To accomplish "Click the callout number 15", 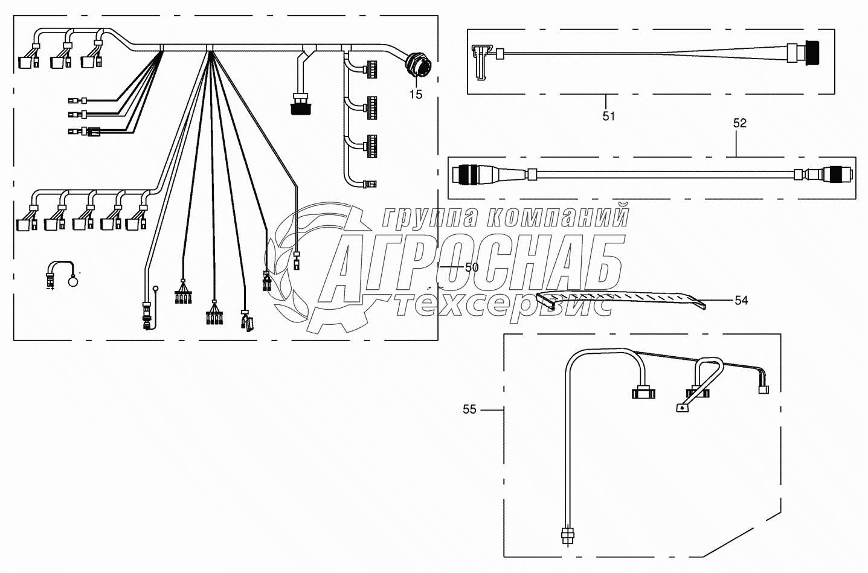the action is tap(416, 94).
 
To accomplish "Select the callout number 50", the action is tap(472, 267).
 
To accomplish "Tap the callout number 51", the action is tap(608, 116).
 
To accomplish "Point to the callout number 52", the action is tap(739, 123).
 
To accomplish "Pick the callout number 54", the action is tap(741, 300).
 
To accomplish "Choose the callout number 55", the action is tap(469, 409).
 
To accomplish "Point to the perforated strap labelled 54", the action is tap(622, 298).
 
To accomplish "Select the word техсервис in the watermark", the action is tap(504, 304).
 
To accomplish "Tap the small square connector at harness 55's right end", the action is tap(763, 389).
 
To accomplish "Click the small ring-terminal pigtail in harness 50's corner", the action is tap(62, 276).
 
